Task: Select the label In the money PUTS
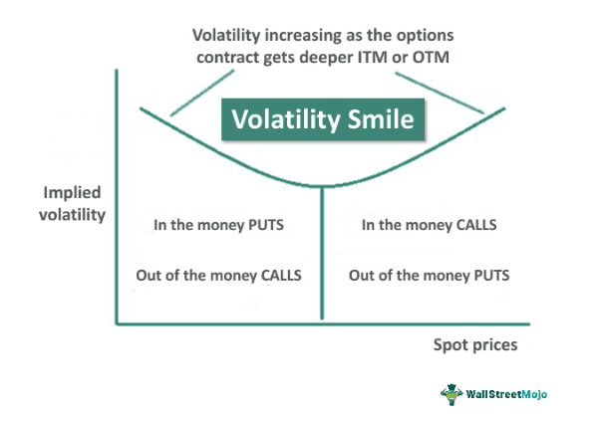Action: tap(218, 225)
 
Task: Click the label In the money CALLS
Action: tap(429, 225)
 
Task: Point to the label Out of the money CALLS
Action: tap(218, 276)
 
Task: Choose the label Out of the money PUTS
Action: tap(429, 276)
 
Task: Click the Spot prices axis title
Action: tap(475, 344)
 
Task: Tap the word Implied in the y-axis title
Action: tap(72, 193)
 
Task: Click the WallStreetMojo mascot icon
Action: tap(451, 394)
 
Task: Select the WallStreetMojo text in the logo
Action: tap(506, 394)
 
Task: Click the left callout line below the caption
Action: tap(202, 93)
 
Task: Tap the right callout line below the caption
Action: tap(440, 93)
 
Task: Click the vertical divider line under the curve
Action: tap(322, 253)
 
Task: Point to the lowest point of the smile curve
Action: tap(322, 186)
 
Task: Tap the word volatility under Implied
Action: tap(72, 214)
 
